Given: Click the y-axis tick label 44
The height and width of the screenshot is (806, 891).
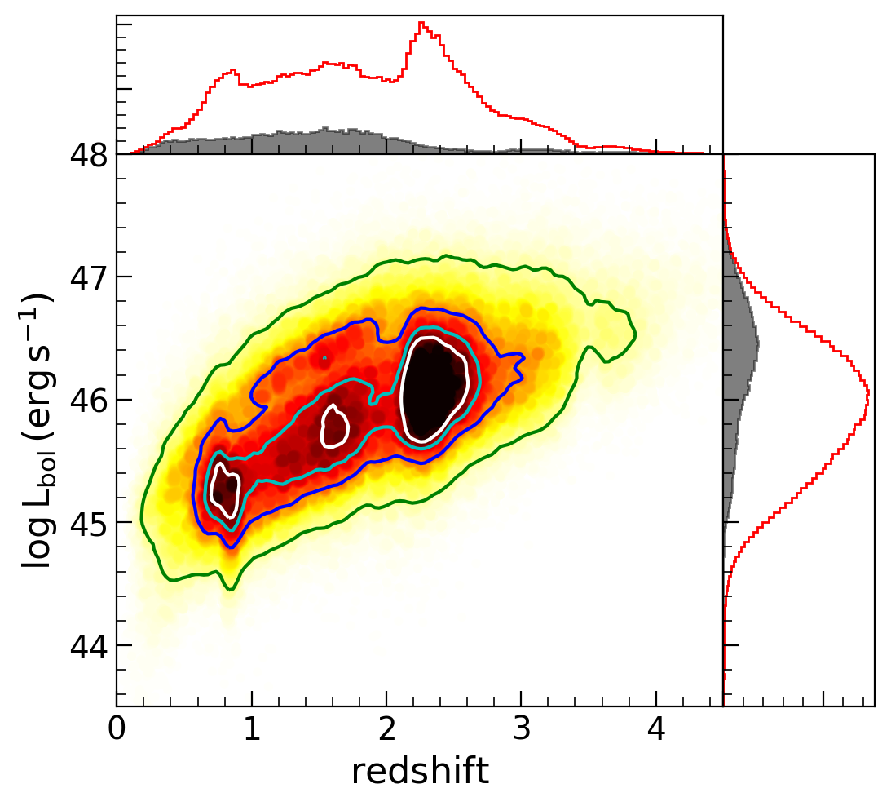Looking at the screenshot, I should click(x=93, y=646).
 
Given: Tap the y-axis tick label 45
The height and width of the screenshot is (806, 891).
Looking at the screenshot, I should click(x=93, y=523).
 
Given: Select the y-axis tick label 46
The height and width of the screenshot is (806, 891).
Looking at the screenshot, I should click(x=93, y=401).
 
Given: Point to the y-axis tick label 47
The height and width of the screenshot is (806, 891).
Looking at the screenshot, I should click(x=93, y=277).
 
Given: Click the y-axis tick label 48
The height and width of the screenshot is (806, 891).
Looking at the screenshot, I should click(x=93, y=154).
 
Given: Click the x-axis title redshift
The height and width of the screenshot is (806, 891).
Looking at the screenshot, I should click(x=420, y=771).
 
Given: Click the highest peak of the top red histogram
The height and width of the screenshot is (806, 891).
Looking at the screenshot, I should click(x=420, y=23).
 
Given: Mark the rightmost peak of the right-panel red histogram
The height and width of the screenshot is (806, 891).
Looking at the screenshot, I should click(x=869, y=393).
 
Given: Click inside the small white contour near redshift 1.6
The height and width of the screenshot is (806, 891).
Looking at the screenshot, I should click(x=334, y=426).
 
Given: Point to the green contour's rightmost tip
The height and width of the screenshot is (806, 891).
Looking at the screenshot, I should click(x=635, y=334).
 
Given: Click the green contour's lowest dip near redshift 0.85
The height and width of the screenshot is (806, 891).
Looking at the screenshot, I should click(x=231, y=588).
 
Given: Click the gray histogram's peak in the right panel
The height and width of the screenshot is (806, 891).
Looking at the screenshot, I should click(x=758, y=344).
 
